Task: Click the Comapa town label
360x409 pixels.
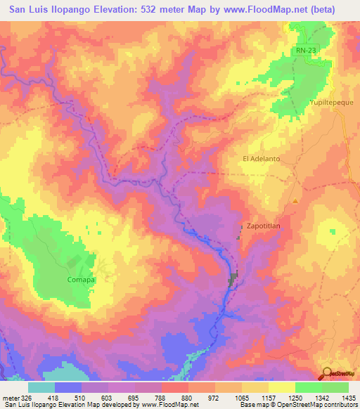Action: (x=81, y=279)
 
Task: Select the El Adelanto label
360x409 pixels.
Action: (x=261, y=159)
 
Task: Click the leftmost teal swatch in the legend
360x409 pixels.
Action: (x=41, y=387)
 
